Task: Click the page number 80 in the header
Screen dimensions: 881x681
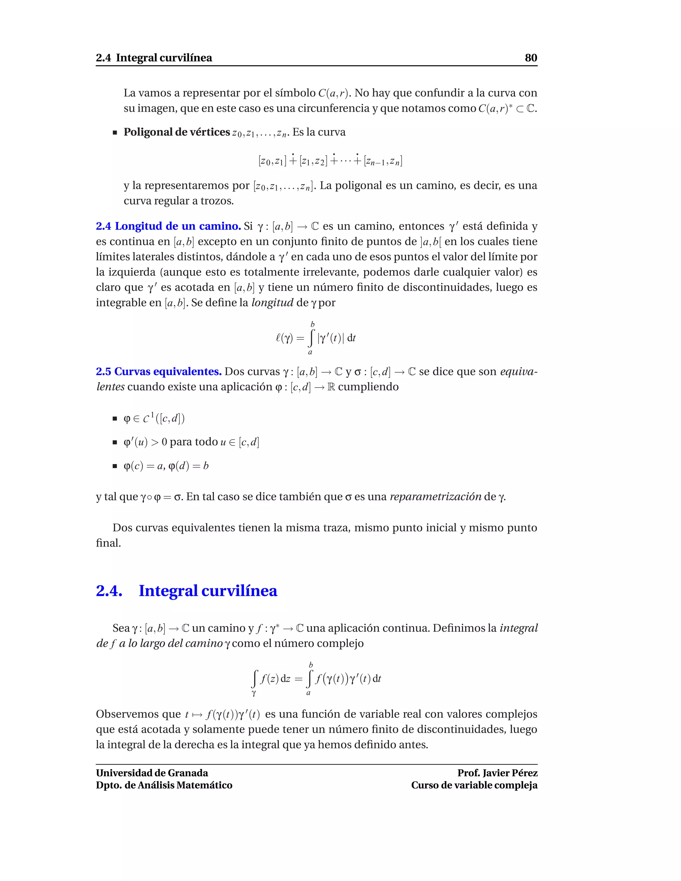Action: (x=530, y=58)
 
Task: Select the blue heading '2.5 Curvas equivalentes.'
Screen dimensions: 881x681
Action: (x=159, y=372)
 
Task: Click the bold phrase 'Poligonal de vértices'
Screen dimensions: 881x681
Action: (x=176, y=132)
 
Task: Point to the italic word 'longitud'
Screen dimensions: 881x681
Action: (x=272, y=303)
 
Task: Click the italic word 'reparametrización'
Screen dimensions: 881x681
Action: (x=435, y=497)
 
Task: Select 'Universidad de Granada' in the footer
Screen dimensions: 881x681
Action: (x=152, y=773)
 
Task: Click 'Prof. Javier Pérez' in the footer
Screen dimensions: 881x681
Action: (x=497, y=773)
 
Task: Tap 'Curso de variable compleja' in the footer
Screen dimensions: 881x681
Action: (x=474, y=785)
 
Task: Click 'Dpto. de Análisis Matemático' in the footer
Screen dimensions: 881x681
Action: (x=164, y=785)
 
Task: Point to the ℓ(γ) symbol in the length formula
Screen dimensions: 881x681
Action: (x=284, y=338)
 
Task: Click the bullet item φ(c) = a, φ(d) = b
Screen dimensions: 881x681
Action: (x=166, y=466)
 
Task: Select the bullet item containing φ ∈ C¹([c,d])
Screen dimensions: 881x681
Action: (x=154, y=419)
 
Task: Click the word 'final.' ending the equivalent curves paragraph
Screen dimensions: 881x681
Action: (x=108, y=543)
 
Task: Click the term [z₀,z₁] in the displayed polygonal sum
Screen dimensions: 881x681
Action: (x=272, y=161)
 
